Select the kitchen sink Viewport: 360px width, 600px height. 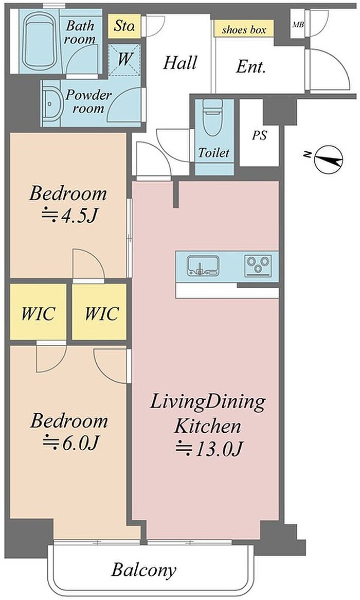click(x=203, y=266)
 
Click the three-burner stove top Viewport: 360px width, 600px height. click(x=258, y=266)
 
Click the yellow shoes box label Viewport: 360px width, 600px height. click(x=244, y=29)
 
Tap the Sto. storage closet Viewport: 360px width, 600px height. click(x=124, y=26)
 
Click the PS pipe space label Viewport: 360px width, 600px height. click(x=259, y=135)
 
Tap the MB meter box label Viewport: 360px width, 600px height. click(x=298, y=25)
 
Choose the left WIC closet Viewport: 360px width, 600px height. click(x=38, y=312)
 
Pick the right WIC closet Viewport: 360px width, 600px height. click(x=99, y=312)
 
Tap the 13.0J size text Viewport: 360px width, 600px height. click(x=209, y=449)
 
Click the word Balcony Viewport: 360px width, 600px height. click(x=144, y=570)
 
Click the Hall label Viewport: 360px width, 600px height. click(x=180, y=62)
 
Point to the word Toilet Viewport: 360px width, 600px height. click(x=214, y=153)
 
